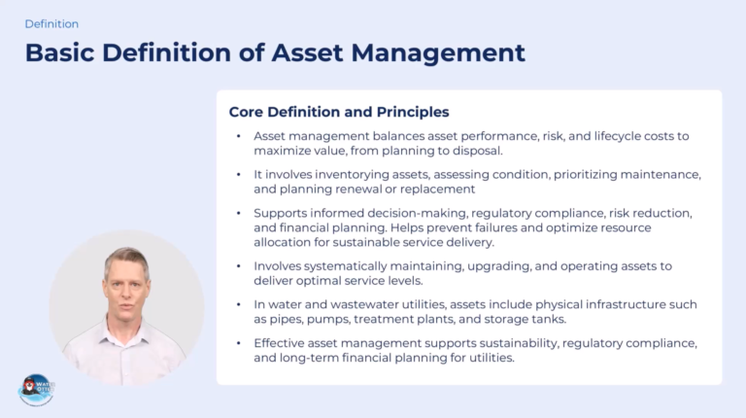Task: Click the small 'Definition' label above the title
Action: (x=51, y=23)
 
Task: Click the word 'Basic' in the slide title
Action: (x=59, y=52)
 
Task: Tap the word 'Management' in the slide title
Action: (x=438, y=52)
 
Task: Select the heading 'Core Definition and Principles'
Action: (x=339, y=112)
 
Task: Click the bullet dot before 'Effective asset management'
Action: (x=239, y=343)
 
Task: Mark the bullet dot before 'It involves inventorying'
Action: (x=239, y=174)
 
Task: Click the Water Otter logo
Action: (x=37, y=390)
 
